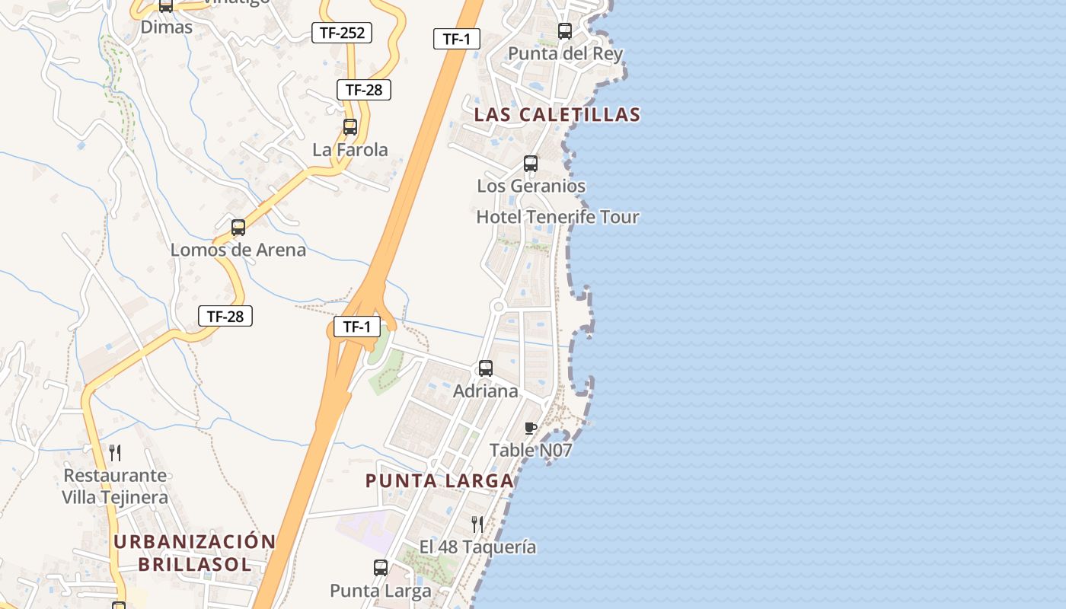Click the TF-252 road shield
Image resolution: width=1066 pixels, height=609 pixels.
(342, 33)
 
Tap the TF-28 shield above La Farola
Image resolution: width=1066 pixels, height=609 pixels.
(364, 90)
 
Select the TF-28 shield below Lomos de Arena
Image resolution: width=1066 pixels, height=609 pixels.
(225, 316)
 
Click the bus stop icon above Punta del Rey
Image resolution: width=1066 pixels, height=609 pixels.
(565, 31)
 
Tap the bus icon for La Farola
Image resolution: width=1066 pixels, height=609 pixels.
(350, 127)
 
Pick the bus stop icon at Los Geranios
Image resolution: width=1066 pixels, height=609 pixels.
(531, 164)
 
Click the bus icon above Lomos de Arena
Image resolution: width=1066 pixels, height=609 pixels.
(238, 228)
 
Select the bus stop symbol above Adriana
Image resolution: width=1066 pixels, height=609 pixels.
(486, 368)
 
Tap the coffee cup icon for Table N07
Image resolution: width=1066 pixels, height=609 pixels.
(531, 429)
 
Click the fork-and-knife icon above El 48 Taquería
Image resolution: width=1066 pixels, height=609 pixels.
(477, 524)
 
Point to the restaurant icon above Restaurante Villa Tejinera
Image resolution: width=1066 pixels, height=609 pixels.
(115, 453)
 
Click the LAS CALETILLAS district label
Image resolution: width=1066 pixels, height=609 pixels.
(557, 115)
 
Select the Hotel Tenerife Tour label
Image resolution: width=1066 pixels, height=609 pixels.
(557, 217)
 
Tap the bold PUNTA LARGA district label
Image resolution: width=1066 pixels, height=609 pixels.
(439, 481)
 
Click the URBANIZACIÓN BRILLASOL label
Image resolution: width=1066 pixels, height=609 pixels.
(194, 553)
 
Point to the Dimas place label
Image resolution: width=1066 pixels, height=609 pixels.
(167, 27)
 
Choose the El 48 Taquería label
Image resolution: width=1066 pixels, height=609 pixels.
(477, 547)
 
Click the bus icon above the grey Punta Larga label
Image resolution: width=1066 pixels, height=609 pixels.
(381, 568)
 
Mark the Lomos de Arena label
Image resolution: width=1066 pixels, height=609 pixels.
(238, 250)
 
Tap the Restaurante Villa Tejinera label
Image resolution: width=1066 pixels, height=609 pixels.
(115, 486)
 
